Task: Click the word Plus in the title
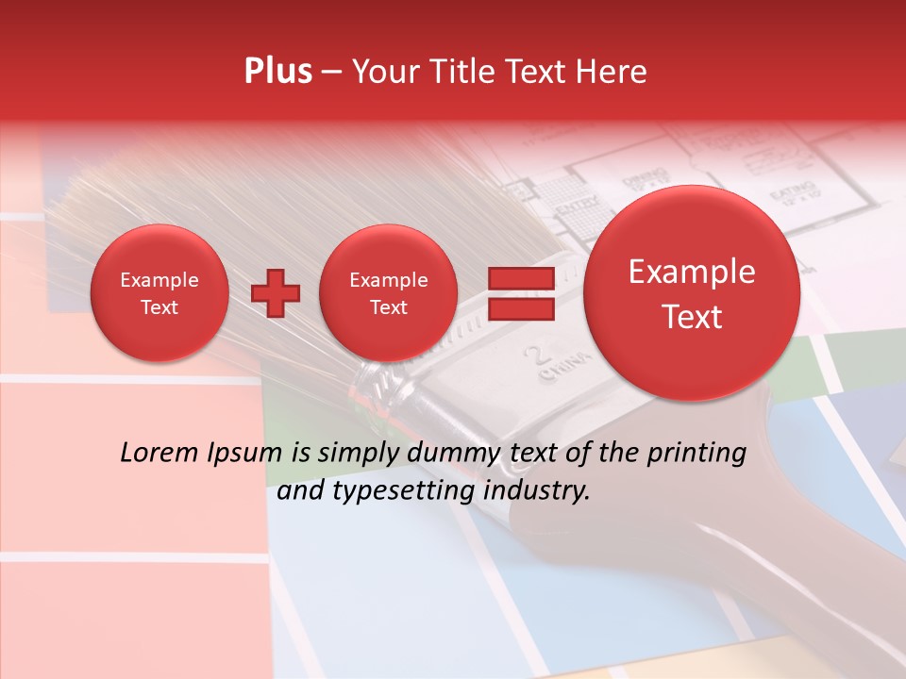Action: pos(278,72)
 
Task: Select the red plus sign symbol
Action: pos(276,293)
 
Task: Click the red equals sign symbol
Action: pos(521,294)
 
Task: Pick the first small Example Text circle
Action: pos(159,293)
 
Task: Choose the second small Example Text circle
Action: pos(388,293)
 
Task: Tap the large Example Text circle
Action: pos(692,293)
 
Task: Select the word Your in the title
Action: pos(384,72)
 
